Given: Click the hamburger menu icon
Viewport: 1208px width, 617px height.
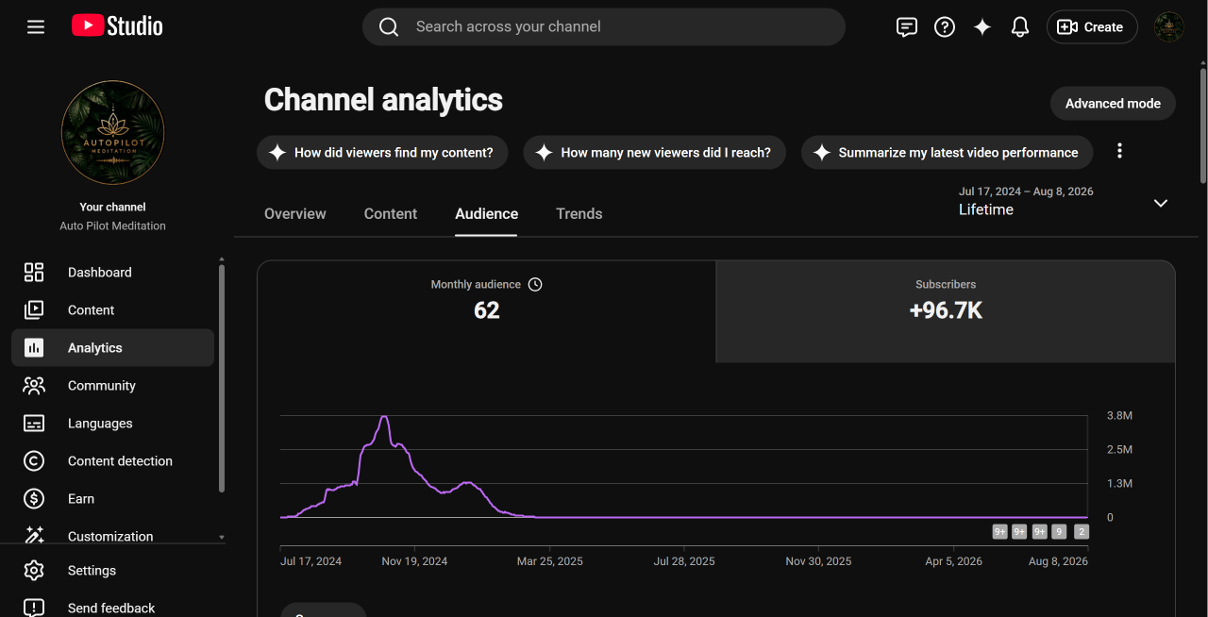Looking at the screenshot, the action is point(36,26).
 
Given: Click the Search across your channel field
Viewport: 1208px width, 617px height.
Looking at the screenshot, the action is point(603,26).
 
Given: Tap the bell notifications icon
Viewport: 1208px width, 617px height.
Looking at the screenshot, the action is point(1019,26).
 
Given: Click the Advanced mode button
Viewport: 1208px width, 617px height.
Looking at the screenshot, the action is point(1113,103).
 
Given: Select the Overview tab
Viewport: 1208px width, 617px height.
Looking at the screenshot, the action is point(295,213).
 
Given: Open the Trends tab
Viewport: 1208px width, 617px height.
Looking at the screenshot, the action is point(579,213).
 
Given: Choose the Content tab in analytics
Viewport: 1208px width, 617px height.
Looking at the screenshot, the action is point(391,213).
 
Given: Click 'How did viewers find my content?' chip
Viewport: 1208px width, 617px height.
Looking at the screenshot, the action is point(382,153).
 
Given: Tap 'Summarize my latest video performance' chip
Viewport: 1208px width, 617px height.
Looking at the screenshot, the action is point(947,153).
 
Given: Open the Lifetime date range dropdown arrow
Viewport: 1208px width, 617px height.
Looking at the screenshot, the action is point(1160,204).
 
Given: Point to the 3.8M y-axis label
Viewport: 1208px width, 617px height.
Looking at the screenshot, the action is point(1119,415).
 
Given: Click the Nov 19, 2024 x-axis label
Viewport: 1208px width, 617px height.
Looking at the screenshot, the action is point(414,561).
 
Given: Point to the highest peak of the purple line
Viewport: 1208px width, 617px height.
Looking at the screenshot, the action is point(384,416).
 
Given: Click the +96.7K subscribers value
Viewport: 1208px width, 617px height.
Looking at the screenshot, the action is point(946,310).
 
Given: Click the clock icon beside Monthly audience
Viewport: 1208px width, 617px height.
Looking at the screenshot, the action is point(534,284).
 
